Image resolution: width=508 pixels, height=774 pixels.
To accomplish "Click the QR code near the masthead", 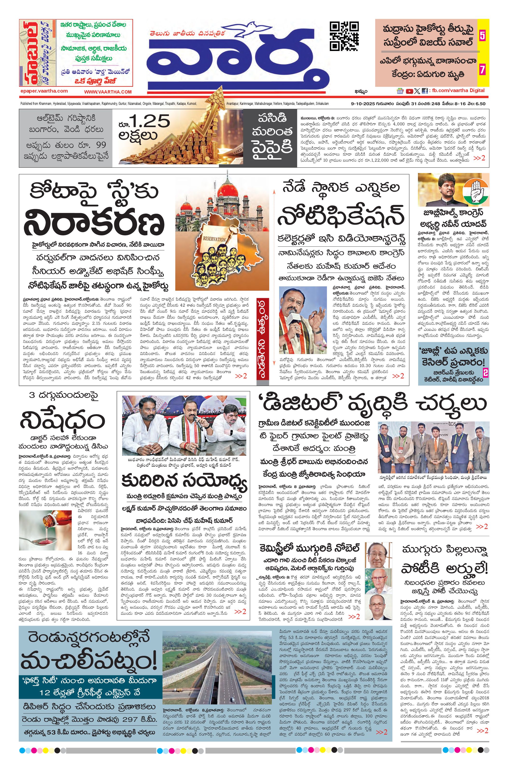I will [x=345, y=36].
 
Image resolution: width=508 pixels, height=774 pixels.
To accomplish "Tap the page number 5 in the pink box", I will [x=482, y=36].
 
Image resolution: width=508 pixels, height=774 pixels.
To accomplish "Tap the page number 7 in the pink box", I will [x=482, y=70].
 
